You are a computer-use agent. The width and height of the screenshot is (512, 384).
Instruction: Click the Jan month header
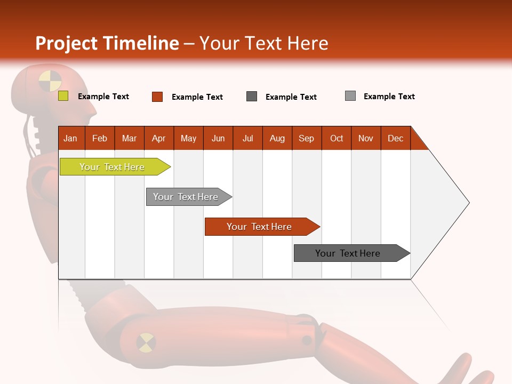(x=71, y=138)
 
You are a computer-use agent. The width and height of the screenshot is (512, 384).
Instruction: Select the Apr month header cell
(x=159, y=138)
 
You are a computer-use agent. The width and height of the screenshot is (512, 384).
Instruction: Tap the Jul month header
(x=248, y=138)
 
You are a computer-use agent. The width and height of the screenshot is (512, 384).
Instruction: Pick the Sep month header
(x=307, y=138)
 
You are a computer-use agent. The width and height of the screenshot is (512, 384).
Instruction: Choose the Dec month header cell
(x=396, y=138)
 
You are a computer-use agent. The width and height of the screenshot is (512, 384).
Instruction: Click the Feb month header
(x=100, y=138)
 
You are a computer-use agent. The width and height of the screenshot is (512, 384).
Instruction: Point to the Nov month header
(x=366, y=138)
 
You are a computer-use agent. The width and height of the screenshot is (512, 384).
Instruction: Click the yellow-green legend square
(x=63, y=96)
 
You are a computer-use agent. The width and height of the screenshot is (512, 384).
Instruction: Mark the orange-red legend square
(x=157, y=97)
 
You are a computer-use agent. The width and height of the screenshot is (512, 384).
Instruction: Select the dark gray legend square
(x=252, y=96)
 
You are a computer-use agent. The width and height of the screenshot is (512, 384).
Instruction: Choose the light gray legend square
(x=350, y=96)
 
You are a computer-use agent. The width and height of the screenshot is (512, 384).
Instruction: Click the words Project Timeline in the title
(x=107, y=43)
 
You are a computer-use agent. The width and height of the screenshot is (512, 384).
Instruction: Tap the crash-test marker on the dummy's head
(x=50, y=81)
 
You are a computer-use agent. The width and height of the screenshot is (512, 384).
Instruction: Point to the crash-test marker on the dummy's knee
(x=146, y=342)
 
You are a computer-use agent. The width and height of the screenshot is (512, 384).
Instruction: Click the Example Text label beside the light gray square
(x=389, y=97)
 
